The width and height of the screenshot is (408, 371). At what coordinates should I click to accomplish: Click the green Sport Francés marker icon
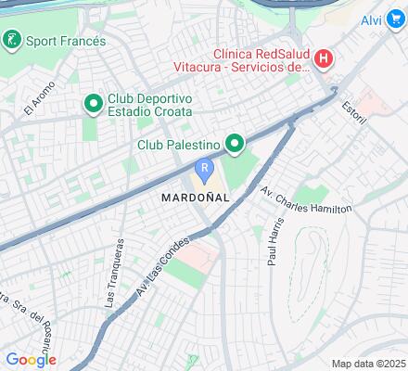12,40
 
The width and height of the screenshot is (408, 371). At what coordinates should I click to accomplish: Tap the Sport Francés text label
66,41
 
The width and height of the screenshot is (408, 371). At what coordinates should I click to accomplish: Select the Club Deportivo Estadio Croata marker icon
93,102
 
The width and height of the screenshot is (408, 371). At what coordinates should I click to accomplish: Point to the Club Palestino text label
178,145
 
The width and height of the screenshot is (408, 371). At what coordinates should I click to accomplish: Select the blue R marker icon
204,170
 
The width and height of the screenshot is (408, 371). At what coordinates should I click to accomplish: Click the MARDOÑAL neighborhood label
194,198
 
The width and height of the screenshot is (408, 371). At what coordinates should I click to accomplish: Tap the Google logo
31,360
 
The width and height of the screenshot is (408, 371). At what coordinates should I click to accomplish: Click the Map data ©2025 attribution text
369,364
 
